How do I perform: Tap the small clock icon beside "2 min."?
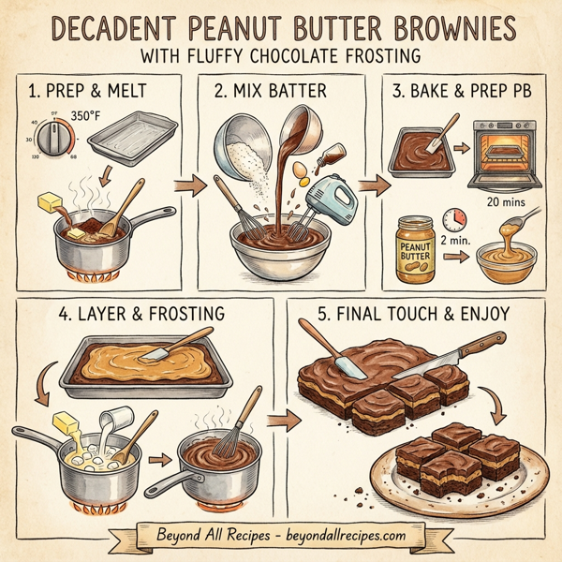455,220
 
